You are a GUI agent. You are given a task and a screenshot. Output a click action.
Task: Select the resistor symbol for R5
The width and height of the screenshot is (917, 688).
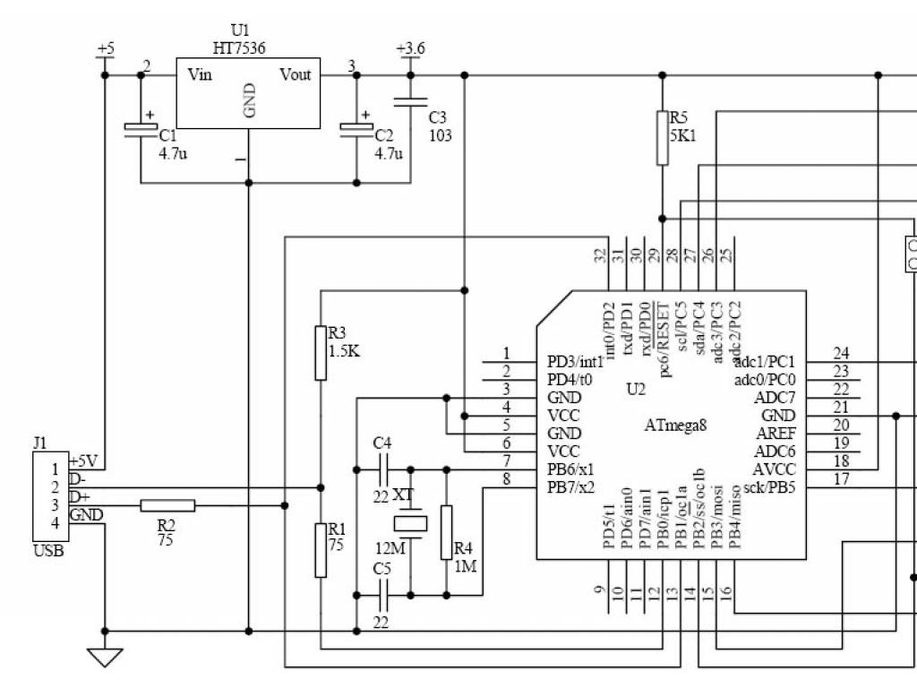[663, 138]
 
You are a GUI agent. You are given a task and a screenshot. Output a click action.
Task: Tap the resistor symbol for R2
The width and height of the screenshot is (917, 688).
[167, 506]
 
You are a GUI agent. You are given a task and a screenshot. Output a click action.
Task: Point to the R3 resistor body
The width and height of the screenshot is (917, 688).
[321, 353]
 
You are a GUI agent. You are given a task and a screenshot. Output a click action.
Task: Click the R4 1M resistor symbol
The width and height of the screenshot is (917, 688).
[446, 532]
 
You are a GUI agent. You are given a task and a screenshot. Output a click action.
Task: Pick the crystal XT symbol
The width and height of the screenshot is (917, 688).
[410, 523]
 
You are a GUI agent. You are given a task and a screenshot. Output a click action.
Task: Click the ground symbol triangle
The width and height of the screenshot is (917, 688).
[105, 658]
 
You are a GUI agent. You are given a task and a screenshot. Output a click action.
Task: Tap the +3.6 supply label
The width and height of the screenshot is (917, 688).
[410, 47]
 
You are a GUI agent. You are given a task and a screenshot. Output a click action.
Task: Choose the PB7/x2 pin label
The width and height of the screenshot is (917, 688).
[570, 487]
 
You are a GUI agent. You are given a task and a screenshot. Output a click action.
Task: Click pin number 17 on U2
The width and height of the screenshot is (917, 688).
[841, 478]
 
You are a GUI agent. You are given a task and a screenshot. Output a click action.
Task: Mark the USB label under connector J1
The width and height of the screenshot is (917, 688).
[48, 551]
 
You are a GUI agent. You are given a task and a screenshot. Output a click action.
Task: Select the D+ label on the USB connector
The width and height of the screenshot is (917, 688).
[80, 496]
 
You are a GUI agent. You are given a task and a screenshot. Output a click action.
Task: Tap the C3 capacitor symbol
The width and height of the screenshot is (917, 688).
[410, 102]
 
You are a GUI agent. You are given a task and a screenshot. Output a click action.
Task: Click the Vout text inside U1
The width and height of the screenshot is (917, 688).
[296, 74]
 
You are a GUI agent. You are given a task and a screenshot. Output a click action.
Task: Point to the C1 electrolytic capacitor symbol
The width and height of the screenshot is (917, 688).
[141, 129]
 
